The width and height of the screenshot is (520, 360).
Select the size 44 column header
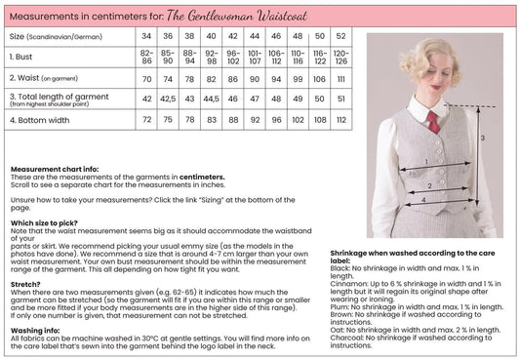(x=256, y=36)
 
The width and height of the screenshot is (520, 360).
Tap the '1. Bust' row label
(x=25, y=57)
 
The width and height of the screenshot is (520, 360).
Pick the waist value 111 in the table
(x=341, y=78)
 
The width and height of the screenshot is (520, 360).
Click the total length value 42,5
(x=169, y=99)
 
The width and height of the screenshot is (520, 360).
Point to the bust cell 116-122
(x=320, y=57)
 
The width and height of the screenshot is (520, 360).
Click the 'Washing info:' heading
(x=35, y=330)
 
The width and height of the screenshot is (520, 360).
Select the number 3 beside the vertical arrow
(x=482, y=139)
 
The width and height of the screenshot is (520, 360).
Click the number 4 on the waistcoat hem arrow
(x=420, y=200)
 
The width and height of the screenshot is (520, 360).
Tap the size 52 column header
(x=341, y=36)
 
